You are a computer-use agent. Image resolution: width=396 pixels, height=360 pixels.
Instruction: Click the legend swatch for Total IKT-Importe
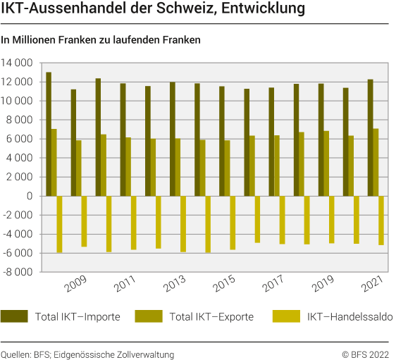14,316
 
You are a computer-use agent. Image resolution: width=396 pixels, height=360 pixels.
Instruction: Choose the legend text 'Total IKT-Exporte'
213,316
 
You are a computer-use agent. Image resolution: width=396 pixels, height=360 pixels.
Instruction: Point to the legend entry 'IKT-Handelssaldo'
349,316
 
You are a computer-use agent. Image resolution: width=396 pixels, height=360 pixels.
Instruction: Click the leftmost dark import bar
48,134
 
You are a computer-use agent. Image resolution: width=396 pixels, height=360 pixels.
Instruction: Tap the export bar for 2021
376,162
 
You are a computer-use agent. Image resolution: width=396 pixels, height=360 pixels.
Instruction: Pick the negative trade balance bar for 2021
381,221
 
